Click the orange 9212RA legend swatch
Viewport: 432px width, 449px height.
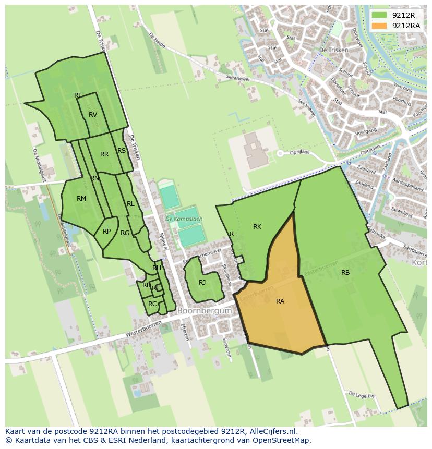pos(380,26)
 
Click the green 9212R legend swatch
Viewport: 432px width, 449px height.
pos(380,15)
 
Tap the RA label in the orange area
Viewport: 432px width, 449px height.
pos(280,301)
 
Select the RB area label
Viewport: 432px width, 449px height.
pos(345,272)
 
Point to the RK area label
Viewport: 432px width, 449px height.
pos(257,226)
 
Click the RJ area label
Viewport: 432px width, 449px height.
pos(202,282)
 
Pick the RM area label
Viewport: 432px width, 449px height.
pos(81,198)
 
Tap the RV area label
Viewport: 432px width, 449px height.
pos(93,114)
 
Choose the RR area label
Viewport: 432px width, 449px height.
pos(104,154)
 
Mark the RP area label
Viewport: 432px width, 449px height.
pos(106,231)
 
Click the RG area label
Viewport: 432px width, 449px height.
pos(125,233)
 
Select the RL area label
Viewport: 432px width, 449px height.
pos(130,203)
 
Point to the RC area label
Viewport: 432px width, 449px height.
pos(152,304)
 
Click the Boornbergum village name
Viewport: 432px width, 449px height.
pos(205,310)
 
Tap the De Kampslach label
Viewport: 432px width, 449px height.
pos(183,219)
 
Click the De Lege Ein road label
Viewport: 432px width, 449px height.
pos(362,395)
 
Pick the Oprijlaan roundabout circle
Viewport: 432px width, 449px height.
pos(280,153)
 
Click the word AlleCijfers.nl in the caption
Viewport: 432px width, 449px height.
pos(272,431)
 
